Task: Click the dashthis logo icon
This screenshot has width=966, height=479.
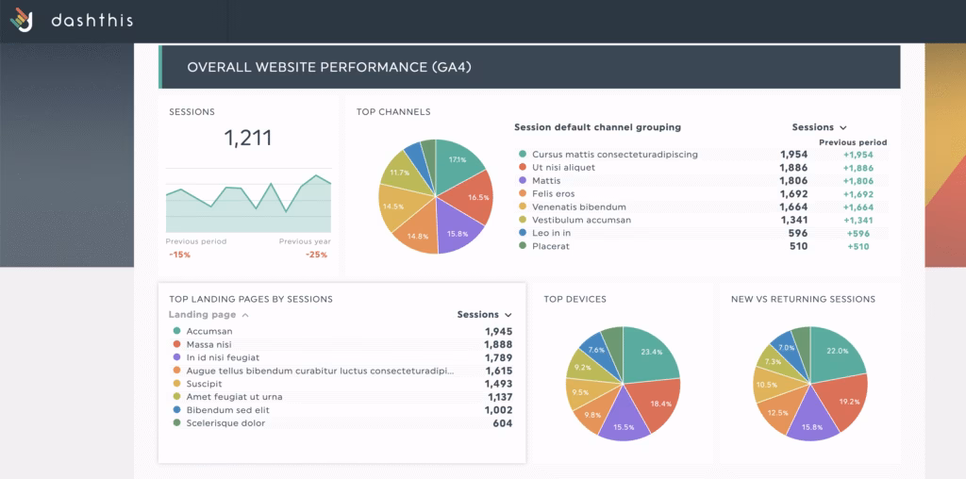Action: (22, 19)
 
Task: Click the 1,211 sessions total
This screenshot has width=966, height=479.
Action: (248, 138)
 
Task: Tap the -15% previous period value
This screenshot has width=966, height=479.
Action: (178, 255)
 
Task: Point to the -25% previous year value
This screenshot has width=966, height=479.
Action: (316, 255)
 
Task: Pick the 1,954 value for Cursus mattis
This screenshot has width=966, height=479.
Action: (793, 155)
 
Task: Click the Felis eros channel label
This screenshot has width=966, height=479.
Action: (555, 194)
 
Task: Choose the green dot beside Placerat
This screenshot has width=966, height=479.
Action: (522, 247)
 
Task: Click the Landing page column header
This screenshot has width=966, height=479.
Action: (202, 315)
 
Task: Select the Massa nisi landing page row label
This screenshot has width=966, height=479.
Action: (209, 345)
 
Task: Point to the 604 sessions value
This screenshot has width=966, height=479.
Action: (502, 424)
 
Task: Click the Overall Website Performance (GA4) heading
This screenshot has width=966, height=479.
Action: (328, 67)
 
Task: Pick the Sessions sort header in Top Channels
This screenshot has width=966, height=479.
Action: (819, 127)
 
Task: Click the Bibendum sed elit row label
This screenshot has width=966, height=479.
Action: (227, 411)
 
